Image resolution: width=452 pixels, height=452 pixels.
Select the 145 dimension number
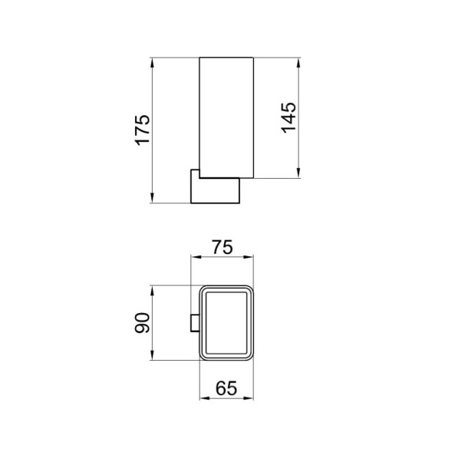click(x=289, y=117)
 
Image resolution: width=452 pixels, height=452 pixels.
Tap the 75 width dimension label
click(x=222, y=247)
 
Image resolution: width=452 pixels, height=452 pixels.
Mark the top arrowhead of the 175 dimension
click(x=153, y=60)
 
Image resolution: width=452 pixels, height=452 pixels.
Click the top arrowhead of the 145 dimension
click(x=300, y=60)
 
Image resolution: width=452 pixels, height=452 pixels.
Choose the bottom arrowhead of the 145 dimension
click(x=300, y=176)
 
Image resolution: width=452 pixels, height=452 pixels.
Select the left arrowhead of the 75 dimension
click(x=193, y=258)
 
